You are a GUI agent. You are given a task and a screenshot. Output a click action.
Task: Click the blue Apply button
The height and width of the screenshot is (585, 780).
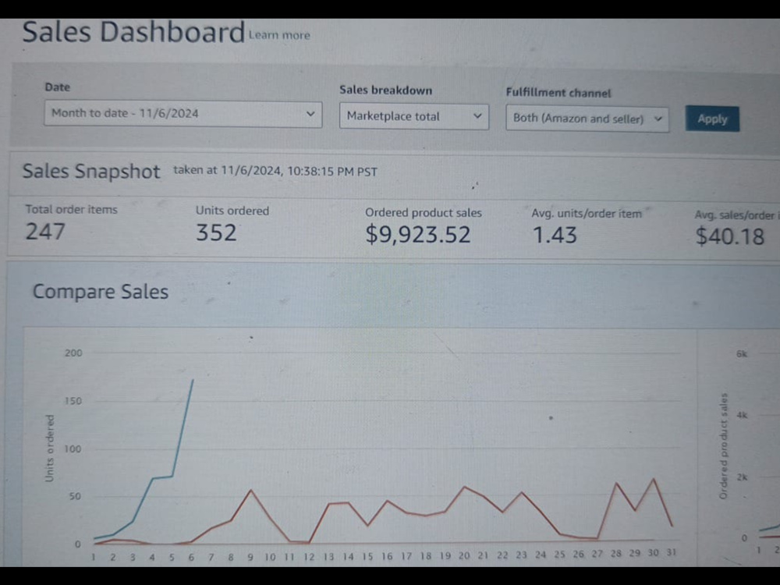click(x=712, y=119)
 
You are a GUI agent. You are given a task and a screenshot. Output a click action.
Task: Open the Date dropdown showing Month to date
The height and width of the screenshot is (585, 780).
click(x=183, y=114)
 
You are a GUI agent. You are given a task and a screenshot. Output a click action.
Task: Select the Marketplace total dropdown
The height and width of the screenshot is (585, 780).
click(x=414, y=116)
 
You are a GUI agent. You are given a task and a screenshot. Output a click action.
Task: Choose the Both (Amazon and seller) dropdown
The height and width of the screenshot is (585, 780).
click(x=587, y=119)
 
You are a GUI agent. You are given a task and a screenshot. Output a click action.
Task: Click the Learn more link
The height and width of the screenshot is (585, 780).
click(x=279, y=35)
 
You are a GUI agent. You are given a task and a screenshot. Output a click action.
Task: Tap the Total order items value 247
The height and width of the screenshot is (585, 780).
click(x=45, y=232)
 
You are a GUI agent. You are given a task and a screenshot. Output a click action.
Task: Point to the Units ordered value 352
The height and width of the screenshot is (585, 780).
click(x=216, y=232)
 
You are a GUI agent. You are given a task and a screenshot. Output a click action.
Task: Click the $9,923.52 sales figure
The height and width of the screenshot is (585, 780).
click(x=418, y=235)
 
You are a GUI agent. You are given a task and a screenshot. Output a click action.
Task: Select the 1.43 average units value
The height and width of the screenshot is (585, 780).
click(x=555, y=236)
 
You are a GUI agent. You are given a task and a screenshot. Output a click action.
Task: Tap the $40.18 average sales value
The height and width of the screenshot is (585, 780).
click(x=730, y=236)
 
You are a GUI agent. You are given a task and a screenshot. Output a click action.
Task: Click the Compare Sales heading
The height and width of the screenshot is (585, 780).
click(x=101, y=292)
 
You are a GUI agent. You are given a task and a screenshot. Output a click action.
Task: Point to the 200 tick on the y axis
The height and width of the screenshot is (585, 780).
click(x=73, y=353)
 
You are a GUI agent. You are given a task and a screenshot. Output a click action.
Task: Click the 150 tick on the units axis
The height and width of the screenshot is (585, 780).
click(x=73, y=401)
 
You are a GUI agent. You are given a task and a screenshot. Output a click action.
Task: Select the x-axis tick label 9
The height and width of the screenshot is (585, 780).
click(x=250, y=557)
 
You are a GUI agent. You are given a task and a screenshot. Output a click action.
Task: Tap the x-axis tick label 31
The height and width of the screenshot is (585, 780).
click(x=672, y=553)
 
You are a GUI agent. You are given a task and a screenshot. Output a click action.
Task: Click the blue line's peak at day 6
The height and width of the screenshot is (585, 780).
click(x=193, y=380)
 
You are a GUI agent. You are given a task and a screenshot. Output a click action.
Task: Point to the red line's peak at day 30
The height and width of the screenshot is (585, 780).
click(x=654, y=479)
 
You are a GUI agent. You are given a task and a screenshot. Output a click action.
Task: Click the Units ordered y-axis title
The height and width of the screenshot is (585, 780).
click(x=49, y=448)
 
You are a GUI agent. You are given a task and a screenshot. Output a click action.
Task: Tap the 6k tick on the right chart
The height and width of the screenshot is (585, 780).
click(x=742, y=354)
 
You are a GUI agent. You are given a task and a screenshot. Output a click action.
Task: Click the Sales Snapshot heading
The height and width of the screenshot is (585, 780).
click(x=91, y=171)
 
